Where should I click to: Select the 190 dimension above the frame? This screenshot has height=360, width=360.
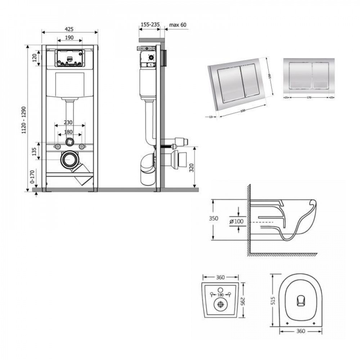click(x=69, y=37)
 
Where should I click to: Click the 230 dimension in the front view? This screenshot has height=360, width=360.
click(x=70, y=122)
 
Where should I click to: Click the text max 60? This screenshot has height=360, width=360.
click(x=178, y=24)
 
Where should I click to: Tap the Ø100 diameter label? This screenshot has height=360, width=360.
click(x=236, y=221)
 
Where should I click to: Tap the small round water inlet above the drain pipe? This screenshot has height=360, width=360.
click(x=69, y=142)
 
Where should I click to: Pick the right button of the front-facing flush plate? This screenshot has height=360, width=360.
click(x=321, y=76)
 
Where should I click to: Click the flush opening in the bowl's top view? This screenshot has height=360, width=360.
click(x=300, y=301)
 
